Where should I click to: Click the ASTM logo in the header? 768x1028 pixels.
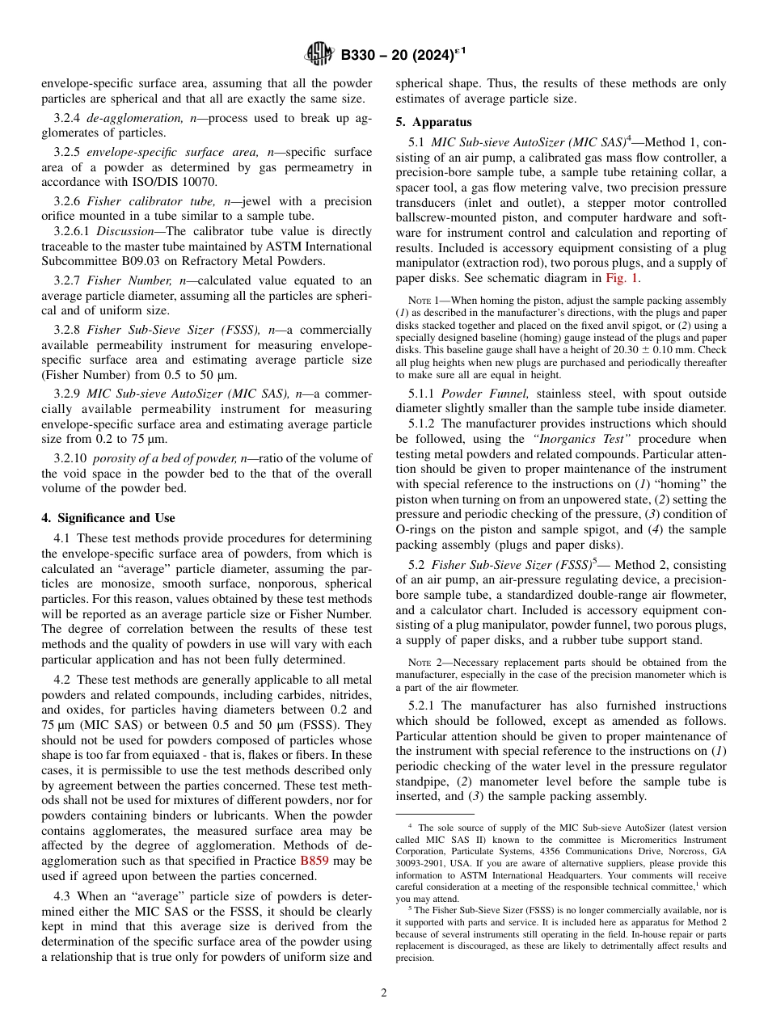319,55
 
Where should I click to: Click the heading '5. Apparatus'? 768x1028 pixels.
434,123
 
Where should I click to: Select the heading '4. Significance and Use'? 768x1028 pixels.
108,518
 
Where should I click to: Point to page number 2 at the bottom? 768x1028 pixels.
384,993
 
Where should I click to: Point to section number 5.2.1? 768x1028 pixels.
424,706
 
